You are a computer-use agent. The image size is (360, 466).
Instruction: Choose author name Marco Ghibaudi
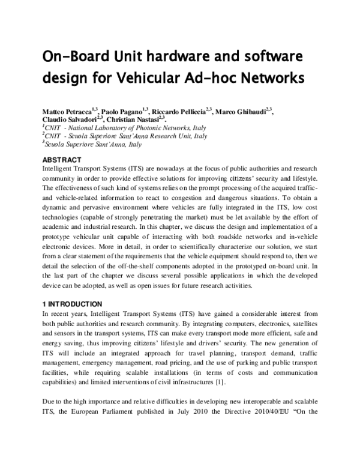click(242, 112)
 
